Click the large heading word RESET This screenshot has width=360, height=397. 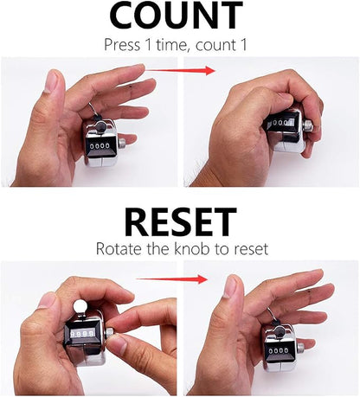181,222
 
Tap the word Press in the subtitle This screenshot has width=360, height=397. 122,45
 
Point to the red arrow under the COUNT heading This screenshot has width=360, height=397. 180,70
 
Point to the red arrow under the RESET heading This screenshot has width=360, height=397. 171,279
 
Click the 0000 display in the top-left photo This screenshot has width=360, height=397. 100,146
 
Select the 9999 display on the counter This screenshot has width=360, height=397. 83,334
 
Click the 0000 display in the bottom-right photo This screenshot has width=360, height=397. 279,351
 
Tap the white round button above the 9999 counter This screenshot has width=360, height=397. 79,307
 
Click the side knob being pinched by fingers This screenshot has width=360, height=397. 110,333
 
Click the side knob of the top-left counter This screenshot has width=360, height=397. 122,143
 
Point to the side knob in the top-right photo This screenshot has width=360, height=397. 308,125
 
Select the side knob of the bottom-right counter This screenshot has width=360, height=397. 300,349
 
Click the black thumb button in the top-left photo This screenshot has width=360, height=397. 100,126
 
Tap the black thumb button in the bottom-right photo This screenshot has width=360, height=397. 279,331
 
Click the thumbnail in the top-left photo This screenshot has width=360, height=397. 52,81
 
